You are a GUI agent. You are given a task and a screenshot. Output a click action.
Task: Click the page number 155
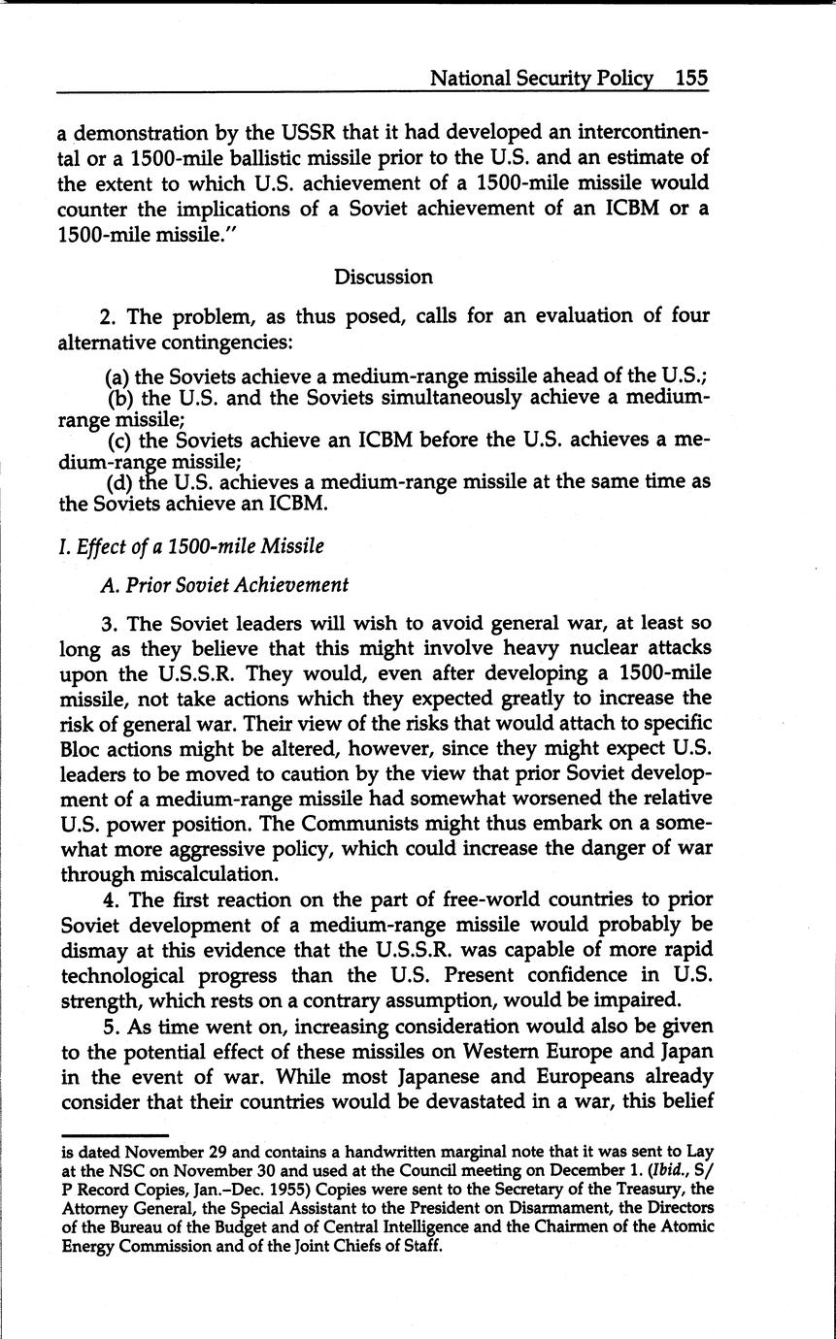point(692,79)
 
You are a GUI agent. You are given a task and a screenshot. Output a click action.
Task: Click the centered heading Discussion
point(384,277)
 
